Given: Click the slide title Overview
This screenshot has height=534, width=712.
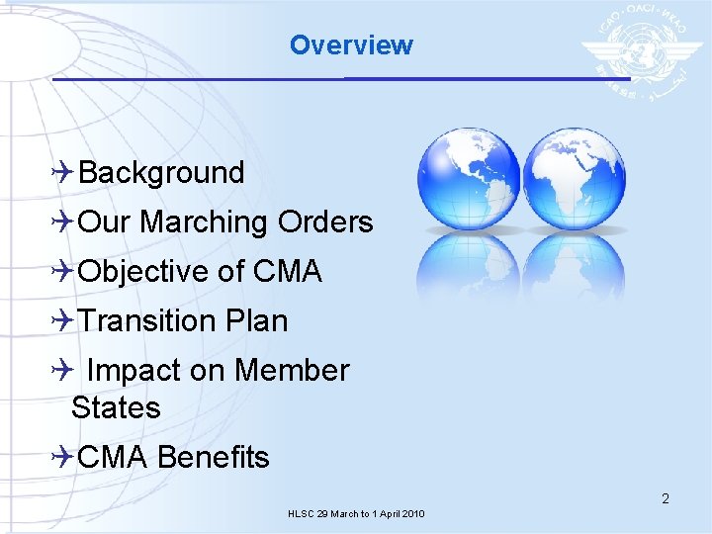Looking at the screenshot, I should click(x=351, y=45).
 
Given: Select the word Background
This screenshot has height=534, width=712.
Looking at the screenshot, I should click(x=161, y=173).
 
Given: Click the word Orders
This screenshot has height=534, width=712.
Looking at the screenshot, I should click(x=325, y=222).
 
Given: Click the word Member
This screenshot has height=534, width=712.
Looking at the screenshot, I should click(x=292, y=371).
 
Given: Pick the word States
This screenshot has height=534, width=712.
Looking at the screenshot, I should click(x=116, y=407).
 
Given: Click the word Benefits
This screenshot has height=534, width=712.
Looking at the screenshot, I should click(x=213, y=458).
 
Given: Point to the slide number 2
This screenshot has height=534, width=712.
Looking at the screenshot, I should click(x=666, y=498).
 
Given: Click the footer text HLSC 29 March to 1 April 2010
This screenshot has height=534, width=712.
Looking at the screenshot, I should click(x=356, y=514).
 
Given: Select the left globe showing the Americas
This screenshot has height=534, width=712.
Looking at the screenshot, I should click(x=468, y=179).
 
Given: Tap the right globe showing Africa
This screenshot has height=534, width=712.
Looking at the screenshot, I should click(x=574, y=179).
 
